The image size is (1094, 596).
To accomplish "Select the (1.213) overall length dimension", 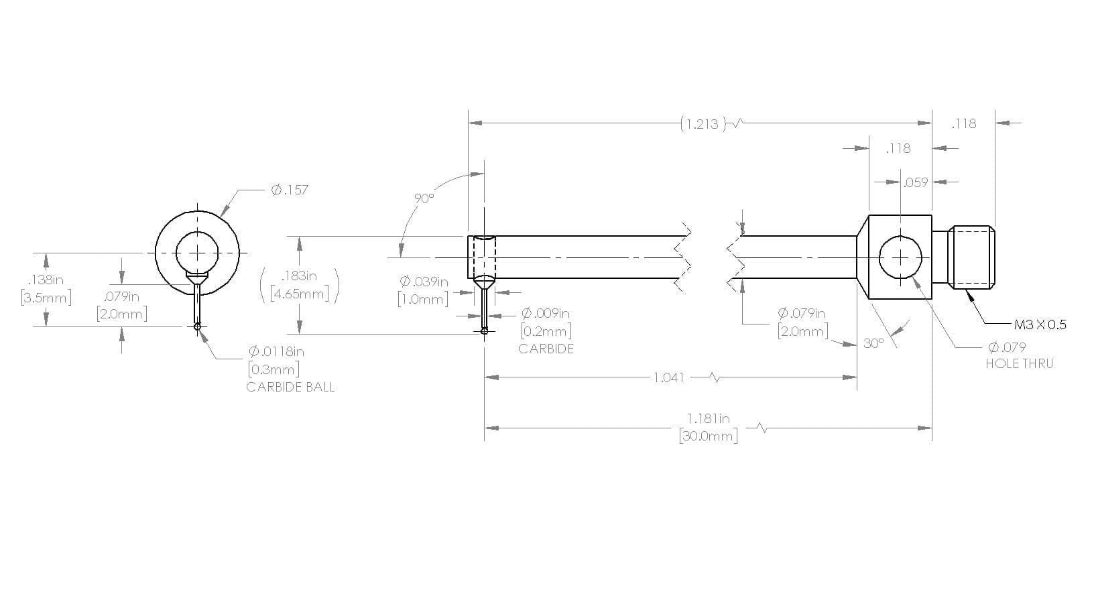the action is click(703, 123).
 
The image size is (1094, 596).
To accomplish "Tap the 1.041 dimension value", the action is click(668, 377).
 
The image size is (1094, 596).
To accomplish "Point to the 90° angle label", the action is click(424, 198).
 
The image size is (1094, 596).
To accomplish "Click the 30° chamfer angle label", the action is click(873, 343).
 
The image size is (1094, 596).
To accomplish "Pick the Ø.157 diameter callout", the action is click(290, 190).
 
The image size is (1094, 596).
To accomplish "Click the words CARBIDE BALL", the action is click(291, 387).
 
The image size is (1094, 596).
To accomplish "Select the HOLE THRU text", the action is click(1020, 363).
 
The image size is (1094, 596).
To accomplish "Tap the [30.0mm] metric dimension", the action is click(708, 436).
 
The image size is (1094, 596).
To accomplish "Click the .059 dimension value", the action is click(915, 182).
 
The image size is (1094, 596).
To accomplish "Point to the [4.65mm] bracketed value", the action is click(300, 294).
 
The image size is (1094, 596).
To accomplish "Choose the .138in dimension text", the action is click(46, 280).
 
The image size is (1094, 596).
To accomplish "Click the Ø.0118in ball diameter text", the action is click(276, 351).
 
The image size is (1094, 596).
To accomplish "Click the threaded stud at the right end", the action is click(971, 257).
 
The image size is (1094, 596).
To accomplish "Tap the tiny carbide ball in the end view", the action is click(197, 326).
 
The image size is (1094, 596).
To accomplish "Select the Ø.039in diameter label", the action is click(424, 282).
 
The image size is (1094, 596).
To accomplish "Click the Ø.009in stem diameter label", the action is click(546, 312).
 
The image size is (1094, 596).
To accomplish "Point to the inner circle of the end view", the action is click(197, 232).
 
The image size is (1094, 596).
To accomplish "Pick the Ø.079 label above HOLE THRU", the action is click(1007, 347).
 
